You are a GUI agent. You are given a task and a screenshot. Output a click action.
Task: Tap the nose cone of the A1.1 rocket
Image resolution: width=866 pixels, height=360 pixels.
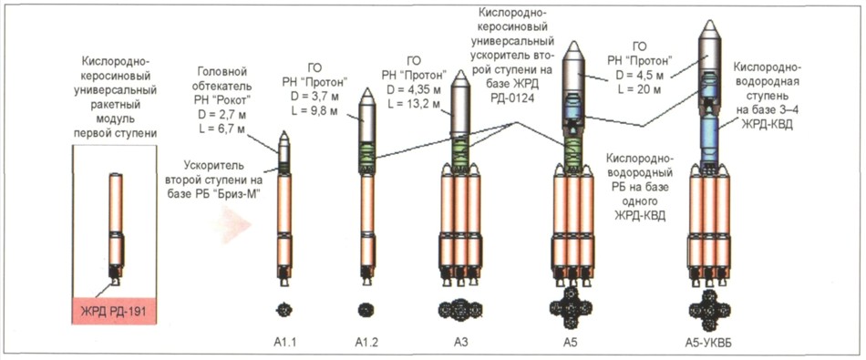[x=284, y=137]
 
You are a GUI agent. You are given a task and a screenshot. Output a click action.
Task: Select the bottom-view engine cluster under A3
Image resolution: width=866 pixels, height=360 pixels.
[x=460, y=310]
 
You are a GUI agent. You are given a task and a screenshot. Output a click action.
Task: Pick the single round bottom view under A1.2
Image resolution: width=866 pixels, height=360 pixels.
[x=366, y=310]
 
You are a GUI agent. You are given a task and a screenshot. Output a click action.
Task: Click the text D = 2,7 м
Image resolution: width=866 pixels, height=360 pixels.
[x=221, y=116]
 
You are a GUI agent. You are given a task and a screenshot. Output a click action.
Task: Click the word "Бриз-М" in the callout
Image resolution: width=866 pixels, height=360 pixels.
[x=243, y=191]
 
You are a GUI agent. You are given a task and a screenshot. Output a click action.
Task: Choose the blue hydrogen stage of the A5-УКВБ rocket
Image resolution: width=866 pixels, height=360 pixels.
[x=708, y=137]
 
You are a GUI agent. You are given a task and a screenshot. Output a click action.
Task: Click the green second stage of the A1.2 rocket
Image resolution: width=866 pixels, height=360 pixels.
[x=366, y=157]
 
